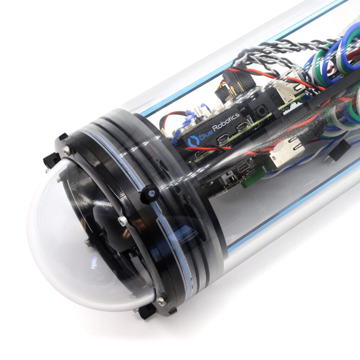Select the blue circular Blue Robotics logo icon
tap(193, 141)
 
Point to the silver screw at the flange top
tap(66, 151)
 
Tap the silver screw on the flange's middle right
tap(122, 221)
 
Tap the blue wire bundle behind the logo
tap(180, 124)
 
